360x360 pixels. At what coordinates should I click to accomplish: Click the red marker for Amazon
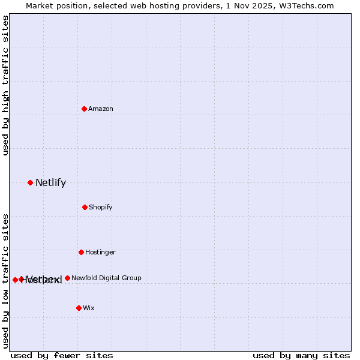pyautogui.click(x=84, y=109)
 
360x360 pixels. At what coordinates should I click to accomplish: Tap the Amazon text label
pyautogui.click(x=101, y=109)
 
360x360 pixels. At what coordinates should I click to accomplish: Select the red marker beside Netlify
pyautogui.click(x=30, y=182)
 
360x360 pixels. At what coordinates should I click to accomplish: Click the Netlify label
pyautogui.click(x=50, y=183)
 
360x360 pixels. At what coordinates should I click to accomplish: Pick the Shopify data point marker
pyautogui.click(x=85, y=207)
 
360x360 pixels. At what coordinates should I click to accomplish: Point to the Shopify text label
pyautogui.click(x=101, y=207)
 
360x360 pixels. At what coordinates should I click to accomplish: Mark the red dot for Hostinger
pyautogui.click(x=81, y=252)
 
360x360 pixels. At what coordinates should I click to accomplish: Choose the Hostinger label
pyautogui.click(x=100, y=252)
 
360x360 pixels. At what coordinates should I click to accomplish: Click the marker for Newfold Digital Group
pyautogui.click(x=67, y=278)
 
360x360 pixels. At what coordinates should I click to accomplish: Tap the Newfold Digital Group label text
pyautogui.click(x=106, y=278)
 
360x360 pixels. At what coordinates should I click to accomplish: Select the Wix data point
pyautogui.click(x=79, y=308)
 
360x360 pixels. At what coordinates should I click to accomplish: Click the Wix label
pyautogui.click(x=89, y=308)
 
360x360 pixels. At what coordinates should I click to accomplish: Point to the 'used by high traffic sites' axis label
pyautogui.click(x=5, y=85)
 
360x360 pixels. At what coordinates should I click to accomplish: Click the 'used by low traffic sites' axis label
pyautogui.click(x=5, y=280)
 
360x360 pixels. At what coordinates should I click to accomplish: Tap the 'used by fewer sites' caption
pyautogui.click(x=62, y=355)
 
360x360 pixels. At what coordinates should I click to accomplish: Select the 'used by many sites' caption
pyautogui.click(x=301, y=355)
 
